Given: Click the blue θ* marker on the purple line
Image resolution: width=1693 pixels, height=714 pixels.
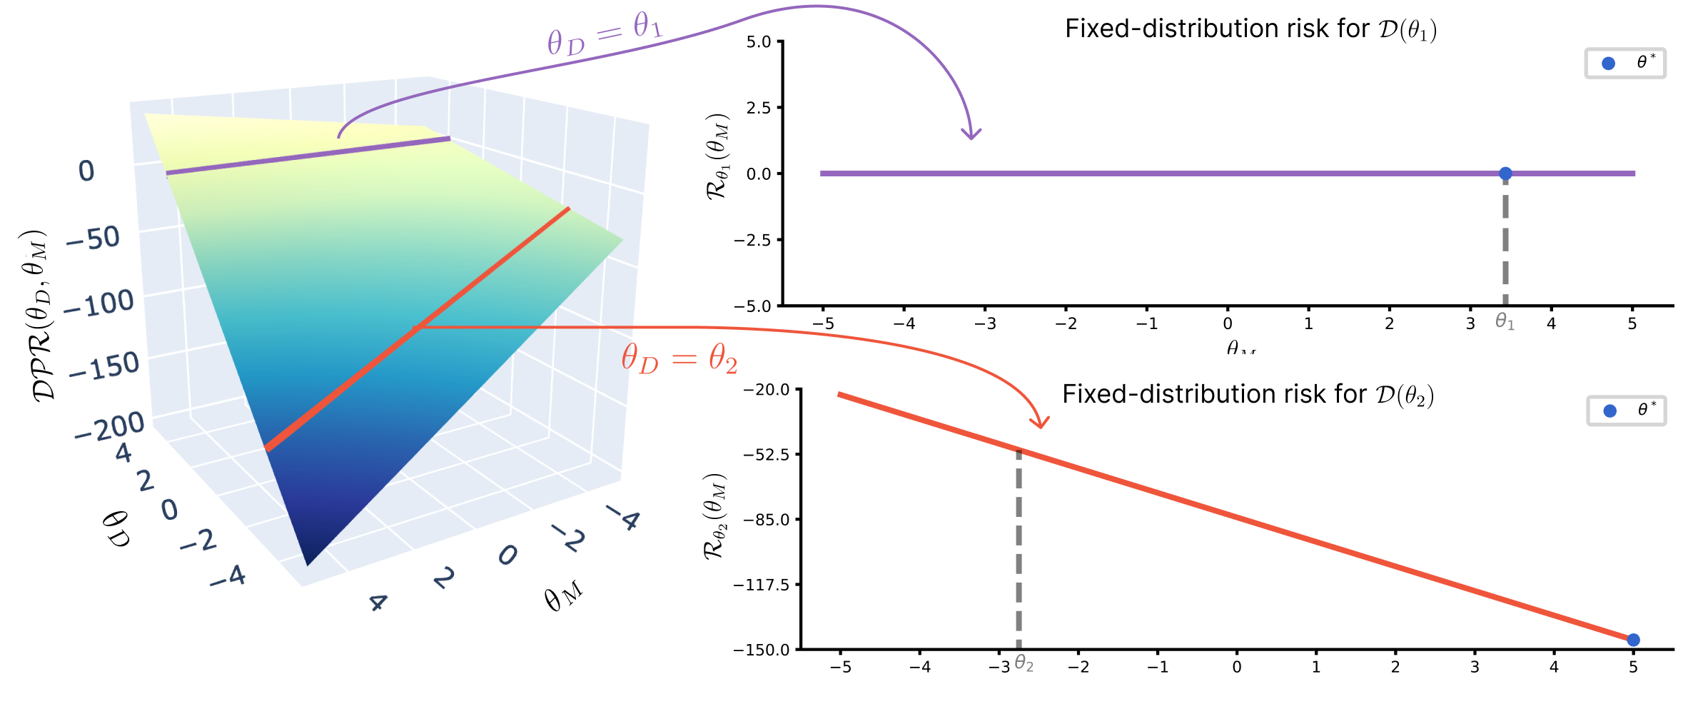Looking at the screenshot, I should click(x=1505, y=174).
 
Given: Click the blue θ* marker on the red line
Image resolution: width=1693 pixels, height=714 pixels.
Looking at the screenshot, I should click(x=1633, y=640).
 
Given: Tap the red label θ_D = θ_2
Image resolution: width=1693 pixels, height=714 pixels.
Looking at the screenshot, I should click(x=679, y=358).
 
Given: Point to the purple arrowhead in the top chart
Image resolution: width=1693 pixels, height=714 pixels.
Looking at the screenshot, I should click(x=971, y=135).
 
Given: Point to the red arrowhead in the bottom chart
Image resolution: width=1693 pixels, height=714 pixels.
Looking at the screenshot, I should click(x=1041, y=423).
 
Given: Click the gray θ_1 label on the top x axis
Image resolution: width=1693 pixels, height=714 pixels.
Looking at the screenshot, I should click(x=1505, y=322).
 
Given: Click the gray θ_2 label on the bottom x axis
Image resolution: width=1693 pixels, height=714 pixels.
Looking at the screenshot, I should click(x=1024, y=664).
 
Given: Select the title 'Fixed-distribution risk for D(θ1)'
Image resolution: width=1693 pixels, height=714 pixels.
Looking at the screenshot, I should click(x=1250, y=29).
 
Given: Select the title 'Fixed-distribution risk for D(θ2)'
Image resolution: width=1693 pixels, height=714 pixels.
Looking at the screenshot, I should click(x=1248, y=395).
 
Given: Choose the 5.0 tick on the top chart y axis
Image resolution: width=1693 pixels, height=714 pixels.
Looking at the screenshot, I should click(x=759, y=42).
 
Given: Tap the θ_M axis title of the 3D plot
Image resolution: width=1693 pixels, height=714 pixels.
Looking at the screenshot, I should click(x=562, y=597).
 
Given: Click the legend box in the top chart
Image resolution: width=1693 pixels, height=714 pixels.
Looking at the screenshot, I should click(x=1625, y=64).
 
